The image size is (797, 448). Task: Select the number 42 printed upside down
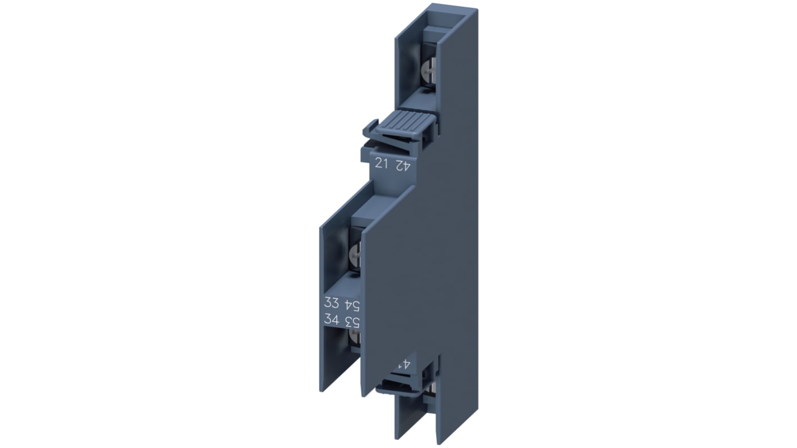[x=402, y=164]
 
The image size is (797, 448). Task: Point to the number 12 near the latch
[x=382, y=163]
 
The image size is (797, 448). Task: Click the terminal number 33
[x=331, y=303]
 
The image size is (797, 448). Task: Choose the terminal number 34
[x=331, y=320]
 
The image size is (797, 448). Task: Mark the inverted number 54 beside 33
[x=351, y=304]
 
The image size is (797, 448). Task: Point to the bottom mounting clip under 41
[x=400, y=386]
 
